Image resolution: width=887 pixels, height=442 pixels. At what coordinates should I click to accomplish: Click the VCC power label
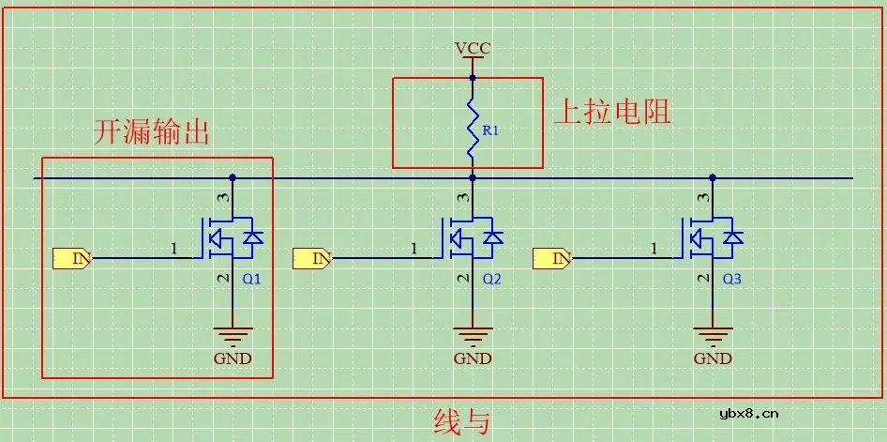pos(472,49)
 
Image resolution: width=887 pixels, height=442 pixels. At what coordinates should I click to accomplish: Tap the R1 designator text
pos(489,131)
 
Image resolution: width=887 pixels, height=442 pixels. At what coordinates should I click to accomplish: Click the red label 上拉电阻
pos(611,113)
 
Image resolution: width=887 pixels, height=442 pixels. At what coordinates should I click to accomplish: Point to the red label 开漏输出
pos(150,132)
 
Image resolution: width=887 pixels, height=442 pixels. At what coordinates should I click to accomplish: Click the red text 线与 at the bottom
pos(461,421)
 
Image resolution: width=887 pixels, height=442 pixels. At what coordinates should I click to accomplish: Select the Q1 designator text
pos(251,280)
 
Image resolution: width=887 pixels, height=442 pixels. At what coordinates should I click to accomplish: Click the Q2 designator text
pos(492,280)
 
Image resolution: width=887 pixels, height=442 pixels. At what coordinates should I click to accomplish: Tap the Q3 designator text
pos(731,280)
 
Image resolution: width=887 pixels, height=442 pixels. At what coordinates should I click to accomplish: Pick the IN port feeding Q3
pos(552,257)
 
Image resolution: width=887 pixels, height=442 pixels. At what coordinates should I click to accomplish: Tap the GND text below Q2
pos(472,358)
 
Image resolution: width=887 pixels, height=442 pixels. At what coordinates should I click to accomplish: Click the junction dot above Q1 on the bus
pos(233,177)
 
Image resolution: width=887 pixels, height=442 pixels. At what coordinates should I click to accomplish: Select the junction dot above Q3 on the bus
pos(713,177)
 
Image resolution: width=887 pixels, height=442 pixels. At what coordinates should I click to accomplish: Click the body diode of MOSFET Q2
pos(493,237)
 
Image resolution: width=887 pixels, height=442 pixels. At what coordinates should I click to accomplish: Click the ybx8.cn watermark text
pos(748,413)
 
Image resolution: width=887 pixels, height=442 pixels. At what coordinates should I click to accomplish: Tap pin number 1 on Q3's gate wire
pos(654,248)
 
